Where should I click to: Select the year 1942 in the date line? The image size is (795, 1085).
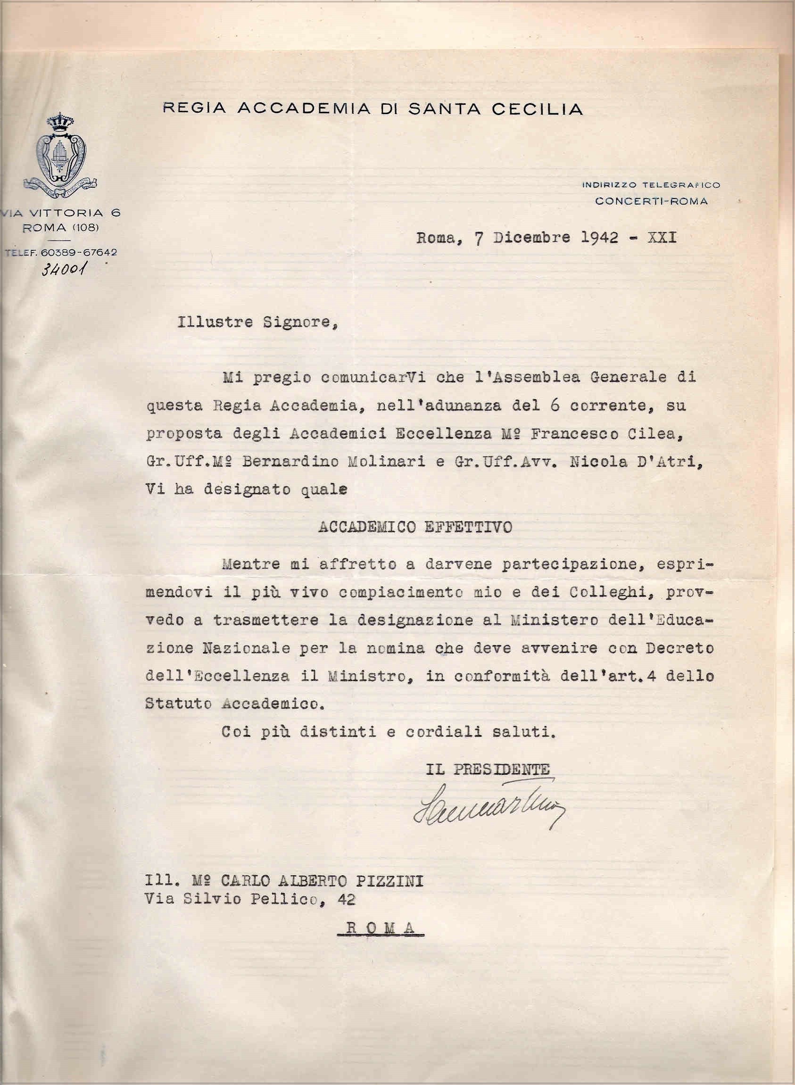pos(600,238)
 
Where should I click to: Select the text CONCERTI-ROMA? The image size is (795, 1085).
pos(651,201)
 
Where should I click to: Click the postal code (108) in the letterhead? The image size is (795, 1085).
pos(87,228)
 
